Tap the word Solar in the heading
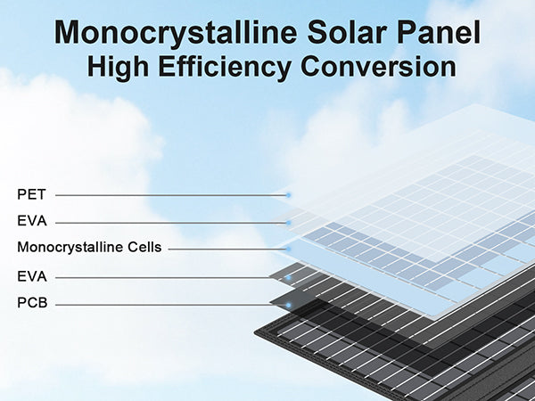click(x=348, y=32)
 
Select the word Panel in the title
click(x=439, y=32)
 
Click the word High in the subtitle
click(x=118, y=68)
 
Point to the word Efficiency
click(x=225, y=68)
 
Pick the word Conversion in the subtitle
click(x=378, y=66)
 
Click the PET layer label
click(x=31, y=194)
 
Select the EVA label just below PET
click(x=32, y=221)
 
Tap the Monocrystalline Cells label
click(x=89, y=248)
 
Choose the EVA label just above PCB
click(x=32, y=276)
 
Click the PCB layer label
click(x=32, y=303)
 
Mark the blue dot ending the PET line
click(x=288, y=195)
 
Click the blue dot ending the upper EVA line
click(x=288, y=223)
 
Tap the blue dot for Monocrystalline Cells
click(x=288, y=250)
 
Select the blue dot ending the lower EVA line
click(x=288, y=278)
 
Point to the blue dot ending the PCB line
click(x=288, y=305)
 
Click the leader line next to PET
click(x=170, y=195)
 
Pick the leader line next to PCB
click(x=170, y=305)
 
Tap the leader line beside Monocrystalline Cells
click(x=227, y=250)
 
